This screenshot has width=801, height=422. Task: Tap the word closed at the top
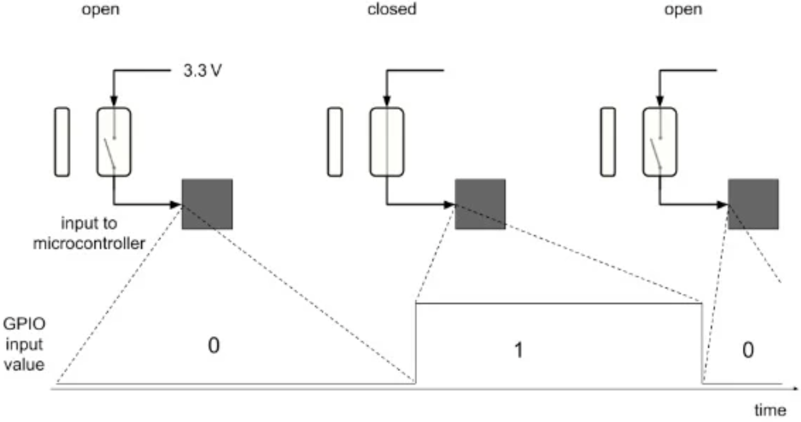pos(392,10)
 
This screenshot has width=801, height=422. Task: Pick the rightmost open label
pos(684,10)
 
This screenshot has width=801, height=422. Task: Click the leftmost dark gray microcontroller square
pos(207,204)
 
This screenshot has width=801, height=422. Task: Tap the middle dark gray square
pos(480,204)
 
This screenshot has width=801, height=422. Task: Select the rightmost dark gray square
pos(753,204)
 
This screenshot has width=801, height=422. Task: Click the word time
pos(770,410)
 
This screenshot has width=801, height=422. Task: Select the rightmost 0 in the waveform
pos(747,350)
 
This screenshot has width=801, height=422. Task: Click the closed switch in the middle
pos(386,141)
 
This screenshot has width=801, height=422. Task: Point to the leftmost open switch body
pos(114,141)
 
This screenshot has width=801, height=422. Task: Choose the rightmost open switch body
pos(660,141)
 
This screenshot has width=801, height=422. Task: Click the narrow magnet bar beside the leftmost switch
pos(62,141)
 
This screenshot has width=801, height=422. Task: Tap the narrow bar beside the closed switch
pos(335,141)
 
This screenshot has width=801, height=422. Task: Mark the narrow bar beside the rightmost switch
pos(608,141)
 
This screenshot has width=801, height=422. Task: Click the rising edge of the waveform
pos(415,343)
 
